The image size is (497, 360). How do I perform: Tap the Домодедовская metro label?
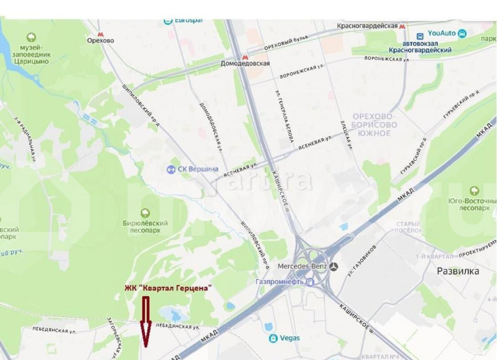pyautogui.click(x=246, y=64)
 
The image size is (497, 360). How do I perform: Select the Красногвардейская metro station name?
pyautogui.click(x=367, y=26)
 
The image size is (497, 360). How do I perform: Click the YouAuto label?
pyautogui.click(x=442, y=34)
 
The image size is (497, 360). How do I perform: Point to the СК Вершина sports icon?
pyautogui.click(x=170, y=169)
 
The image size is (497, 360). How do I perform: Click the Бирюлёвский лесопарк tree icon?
pyautogui.click(x=146, y=213)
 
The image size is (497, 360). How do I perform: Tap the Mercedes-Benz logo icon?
pyautogui.click(x=333, y=267)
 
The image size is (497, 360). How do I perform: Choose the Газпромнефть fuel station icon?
pyautogui.click(x=311, y=282)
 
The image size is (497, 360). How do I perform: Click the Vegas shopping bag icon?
pyautogui.click(x=273, y=338)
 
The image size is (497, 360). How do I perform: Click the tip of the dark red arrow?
pyautogui.click(x=146, y=345)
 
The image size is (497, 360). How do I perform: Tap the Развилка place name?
pyautogui.click(x=458, y=271)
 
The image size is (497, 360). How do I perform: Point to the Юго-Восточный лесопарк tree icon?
pyautogui.click(x=475, y=190)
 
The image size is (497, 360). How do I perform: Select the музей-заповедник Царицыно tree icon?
pyautogui.click(x=31, y=37)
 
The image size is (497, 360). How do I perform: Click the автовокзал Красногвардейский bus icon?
pyautogui.click(x=420, y=36)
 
